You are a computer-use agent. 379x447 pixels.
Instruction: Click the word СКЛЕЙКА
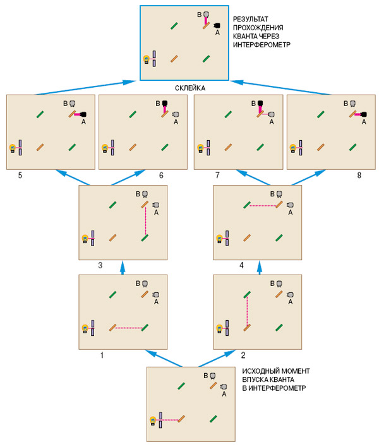click(x=189, y=88)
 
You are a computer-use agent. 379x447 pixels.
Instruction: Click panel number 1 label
click(x=102, y=355)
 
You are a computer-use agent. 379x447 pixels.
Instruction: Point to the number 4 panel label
click(x=241, y=266)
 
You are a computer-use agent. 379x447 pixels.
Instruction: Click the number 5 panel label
click(x=20, y=175)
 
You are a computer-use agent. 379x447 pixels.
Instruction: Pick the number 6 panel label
click(x=161, y=175)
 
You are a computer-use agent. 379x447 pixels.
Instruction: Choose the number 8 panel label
click(x=359, y=175)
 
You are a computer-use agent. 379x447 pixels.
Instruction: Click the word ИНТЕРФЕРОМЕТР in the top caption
click(x=261, y=45)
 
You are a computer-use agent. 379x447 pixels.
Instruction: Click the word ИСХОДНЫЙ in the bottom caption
click(x=258, y=371)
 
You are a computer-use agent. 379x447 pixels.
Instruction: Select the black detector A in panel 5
click(x=82, y=114)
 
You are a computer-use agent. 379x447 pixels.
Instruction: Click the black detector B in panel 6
click(x=165, y=103)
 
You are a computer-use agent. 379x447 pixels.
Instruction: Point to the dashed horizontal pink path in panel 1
click(x=129, y=328)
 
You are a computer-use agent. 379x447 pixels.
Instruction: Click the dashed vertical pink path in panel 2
click(x=246, y=311)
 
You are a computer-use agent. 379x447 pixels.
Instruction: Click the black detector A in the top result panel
click(x=217, y=25)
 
